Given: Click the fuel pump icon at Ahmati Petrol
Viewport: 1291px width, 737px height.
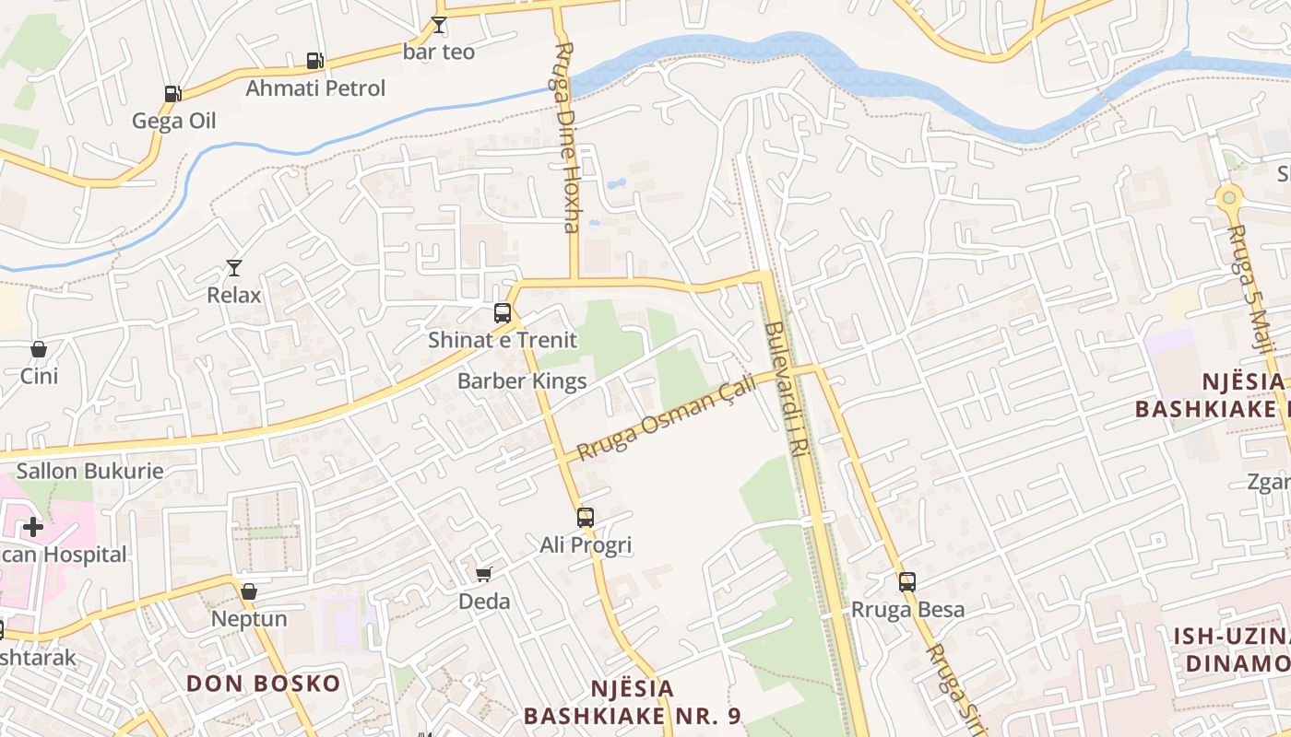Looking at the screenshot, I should [x=314, y=61].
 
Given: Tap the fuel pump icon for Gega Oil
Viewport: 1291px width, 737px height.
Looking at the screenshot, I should [x=172, y=93].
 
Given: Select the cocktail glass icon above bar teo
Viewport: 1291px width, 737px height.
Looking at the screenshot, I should [x=439, y=25].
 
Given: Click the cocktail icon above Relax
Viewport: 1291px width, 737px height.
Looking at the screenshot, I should [x=234, y=268].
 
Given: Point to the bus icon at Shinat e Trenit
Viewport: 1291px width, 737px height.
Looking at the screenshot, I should [x=503, y=312].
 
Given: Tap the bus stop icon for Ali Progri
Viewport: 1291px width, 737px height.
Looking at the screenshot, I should [x=586, y=517].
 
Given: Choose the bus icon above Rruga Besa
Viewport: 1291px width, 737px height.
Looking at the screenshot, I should [x=907, y=581].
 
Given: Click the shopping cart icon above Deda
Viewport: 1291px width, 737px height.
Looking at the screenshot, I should [x=484, y=574].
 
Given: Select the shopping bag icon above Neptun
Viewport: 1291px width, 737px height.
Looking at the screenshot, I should [x=249, y=591].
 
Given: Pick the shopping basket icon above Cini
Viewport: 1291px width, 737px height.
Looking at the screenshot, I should [x=39, y=349].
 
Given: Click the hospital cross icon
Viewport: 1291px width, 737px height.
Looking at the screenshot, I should [x=33, y=527].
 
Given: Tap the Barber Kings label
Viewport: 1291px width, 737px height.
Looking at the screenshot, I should [x=522, y=381].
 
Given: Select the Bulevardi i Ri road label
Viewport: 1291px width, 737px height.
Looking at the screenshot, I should [x=787, y=389].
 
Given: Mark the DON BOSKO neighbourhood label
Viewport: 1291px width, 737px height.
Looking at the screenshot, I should [x=264, y=684].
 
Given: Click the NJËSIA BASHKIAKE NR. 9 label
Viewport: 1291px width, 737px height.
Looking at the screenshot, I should [x=633, y=702].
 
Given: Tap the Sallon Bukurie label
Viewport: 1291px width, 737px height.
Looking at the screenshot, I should [x=90, y=471].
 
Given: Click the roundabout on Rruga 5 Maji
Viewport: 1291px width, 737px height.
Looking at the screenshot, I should [x=1227, y=197].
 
